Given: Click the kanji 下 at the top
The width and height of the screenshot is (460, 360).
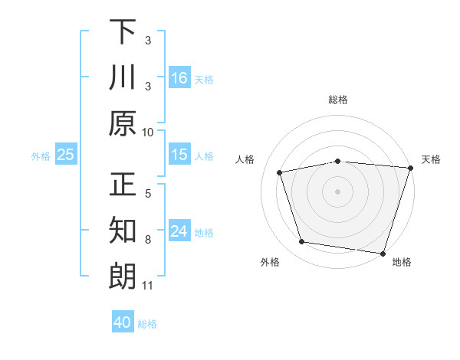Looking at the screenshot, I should (123, 32).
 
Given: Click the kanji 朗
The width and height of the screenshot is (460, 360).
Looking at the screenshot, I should (123, 276).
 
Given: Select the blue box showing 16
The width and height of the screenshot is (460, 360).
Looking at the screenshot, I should (179, 77).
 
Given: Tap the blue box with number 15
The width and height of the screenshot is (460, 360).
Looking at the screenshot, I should (179, 155).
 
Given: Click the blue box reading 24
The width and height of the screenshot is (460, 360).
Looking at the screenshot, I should (179, 232).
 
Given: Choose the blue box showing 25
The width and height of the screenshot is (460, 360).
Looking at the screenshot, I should (65, 155).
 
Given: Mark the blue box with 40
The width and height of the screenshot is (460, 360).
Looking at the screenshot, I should (123, 322).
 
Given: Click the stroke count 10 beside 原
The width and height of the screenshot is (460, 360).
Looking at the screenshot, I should (148, 132).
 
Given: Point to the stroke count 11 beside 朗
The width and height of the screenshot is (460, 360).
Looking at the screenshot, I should (148, 286).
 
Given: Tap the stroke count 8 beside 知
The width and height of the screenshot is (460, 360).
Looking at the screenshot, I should (148, 240).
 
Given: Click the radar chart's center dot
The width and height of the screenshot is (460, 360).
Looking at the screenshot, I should (337, 191).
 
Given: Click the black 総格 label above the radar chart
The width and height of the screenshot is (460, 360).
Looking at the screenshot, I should (337, 100).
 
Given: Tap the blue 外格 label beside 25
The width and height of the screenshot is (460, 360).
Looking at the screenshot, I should (41, 155).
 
